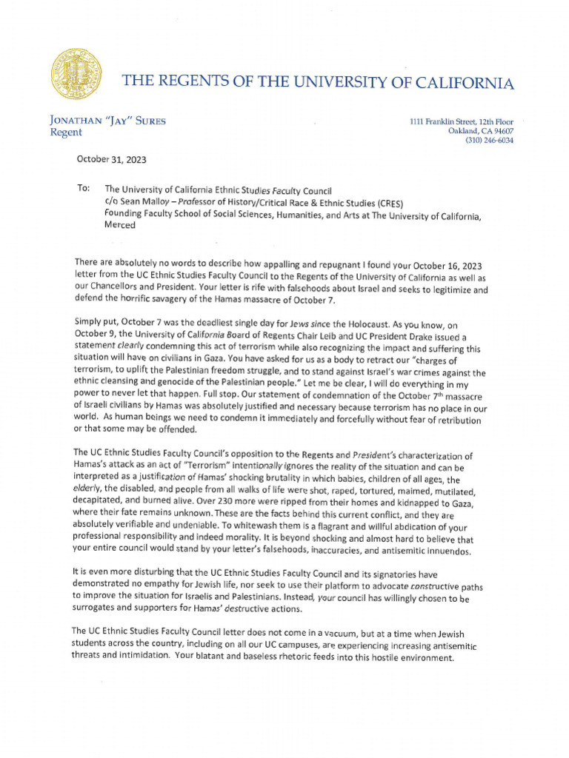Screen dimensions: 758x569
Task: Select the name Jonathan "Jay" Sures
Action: point(96,121)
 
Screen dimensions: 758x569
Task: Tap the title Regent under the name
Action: point(66,133)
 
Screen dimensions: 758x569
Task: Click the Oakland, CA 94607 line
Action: point(481,131)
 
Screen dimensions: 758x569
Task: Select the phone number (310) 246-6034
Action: point(489,140)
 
